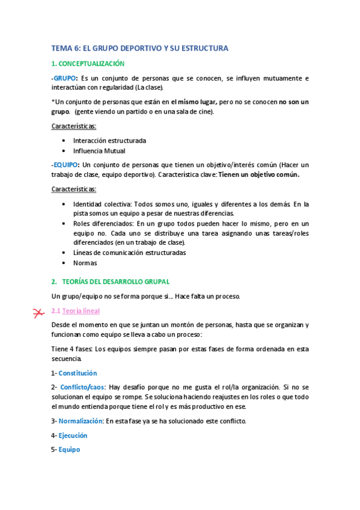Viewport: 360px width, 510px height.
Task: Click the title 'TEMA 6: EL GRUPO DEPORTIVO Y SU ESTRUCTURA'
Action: point(139,48)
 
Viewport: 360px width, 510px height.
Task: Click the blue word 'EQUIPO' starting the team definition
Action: point(66,165)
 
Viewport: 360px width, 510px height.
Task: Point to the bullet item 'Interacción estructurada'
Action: point(109,141)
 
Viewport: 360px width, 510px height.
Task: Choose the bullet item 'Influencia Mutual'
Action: point(99,151)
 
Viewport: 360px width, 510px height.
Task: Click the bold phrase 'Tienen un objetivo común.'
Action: point(259,174)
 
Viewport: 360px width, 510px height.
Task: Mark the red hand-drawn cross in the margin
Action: point(38,312)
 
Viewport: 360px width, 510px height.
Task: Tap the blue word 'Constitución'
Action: point(78,373)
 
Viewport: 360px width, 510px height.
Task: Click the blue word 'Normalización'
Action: point(81,421)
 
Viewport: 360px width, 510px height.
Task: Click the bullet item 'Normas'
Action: point(85,263)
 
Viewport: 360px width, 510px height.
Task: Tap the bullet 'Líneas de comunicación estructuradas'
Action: point(129,253)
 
